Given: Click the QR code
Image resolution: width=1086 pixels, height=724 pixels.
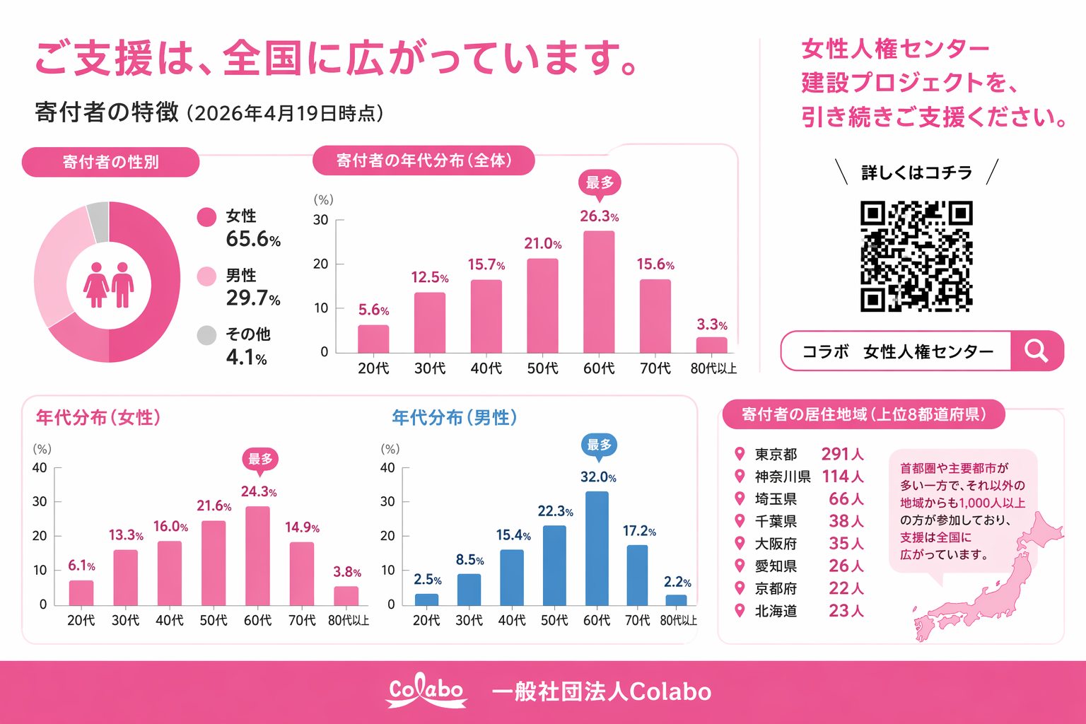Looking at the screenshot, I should click(x=916, y=256).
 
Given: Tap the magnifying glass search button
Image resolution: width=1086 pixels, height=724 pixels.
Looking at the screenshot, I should click(x=1037, y=351).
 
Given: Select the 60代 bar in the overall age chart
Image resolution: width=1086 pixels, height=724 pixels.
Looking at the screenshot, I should click(x=599, y=291).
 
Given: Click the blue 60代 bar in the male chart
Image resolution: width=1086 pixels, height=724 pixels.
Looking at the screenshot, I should click(x=597, y=548).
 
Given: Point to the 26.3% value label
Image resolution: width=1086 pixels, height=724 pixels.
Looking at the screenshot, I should click(x=599, y=216).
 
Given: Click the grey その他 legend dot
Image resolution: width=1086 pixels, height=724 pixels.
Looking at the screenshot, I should click(x=206, y=335).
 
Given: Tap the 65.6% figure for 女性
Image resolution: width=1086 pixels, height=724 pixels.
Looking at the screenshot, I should click(x=253, y=240).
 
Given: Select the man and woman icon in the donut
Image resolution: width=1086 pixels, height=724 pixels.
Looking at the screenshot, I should click(x=109, y=285).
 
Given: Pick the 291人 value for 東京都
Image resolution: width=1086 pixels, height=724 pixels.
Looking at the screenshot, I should click(x=842, y=454).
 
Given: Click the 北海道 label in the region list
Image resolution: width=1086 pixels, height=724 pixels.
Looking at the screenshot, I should click(x=776, y=611).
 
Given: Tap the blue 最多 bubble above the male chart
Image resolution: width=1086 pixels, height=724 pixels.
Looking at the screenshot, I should click(x=599, y=445).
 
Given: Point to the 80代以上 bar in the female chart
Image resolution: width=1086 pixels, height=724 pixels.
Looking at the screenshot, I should click(x=346, y=595).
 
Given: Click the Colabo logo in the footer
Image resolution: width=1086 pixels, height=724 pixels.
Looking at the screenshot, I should click(x=426, y=691).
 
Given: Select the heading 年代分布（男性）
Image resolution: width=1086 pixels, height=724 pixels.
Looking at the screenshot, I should click(x=455, y=418).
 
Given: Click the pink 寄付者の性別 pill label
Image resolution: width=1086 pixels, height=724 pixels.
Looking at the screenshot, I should click(x=110, y=162).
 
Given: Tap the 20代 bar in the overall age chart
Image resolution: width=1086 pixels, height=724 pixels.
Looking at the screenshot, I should click(x=373, y=339).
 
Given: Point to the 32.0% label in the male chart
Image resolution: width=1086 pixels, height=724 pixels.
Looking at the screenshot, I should click(x=598, y=477).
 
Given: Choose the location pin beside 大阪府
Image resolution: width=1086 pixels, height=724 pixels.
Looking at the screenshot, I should click(x=740, y=543).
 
